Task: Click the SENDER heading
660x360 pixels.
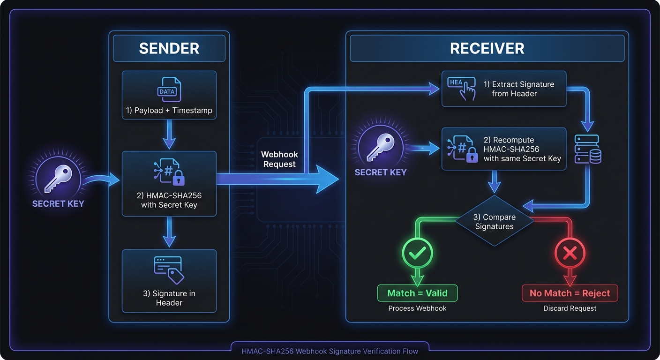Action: [169, 48]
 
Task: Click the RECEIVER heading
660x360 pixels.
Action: [487, 48]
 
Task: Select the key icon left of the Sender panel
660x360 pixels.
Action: [58, 179]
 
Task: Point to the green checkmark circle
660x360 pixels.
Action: [417, 254]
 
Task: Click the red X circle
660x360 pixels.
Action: [570, 254]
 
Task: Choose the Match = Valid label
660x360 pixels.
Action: [417, 293]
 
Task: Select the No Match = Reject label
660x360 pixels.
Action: [570, 293]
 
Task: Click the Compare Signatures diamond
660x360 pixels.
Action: [495, 221]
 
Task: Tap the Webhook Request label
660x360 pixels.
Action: [279, 159]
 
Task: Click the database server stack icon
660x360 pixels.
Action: [588, 149]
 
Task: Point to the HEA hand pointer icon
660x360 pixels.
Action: [462, 88]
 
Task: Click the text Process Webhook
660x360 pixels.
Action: [417, 308]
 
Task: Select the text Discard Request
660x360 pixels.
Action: [570, 308]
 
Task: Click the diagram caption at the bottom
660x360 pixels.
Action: [330, 351]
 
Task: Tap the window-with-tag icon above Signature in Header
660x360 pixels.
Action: [169, 269]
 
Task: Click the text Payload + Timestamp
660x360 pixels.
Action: [169, 111]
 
